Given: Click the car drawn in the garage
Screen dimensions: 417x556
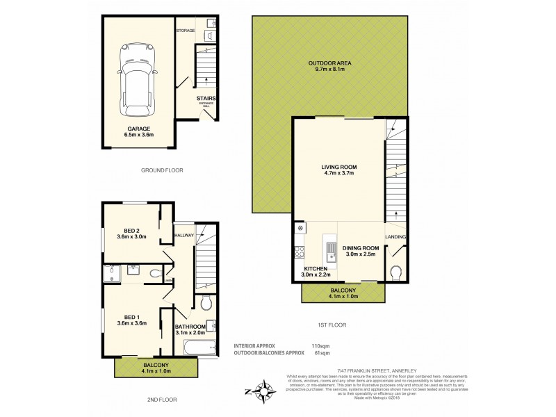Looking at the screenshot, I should click(x=136, y=77).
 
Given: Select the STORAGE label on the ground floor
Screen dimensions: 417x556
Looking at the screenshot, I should click(x=185, y=31).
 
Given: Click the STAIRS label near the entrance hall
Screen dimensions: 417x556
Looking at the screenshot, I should click(x=206, y=99).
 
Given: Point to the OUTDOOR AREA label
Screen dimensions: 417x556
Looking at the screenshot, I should click(x=329, y=64).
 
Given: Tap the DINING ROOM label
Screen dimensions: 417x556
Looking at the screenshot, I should click(x=359, y=248).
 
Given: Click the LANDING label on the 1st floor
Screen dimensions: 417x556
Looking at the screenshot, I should click(x=395, y=238).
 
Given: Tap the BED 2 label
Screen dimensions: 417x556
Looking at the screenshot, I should click(x=133, y=231).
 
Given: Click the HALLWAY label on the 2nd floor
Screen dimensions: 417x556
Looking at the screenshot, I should click(x=183, y=236).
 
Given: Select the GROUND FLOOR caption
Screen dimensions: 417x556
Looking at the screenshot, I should click(x=161, y=170).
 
